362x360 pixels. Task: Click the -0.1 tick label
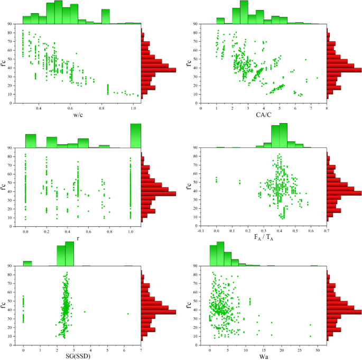201,231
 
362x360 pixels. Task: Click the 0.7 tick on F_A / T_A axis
327,231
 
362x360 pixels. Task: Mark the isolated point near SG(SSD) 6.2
128,313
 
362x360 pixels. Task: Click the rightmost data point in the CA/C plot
317,78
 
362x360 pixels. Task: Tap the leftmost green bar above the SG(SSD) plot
27,263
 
